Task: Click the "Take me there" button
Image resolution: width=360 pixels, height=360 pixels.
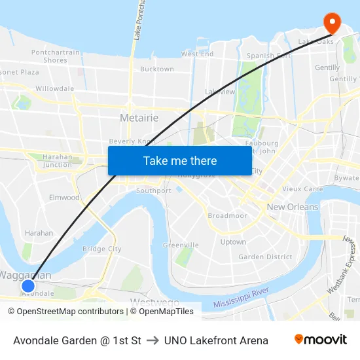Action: coord(179,160)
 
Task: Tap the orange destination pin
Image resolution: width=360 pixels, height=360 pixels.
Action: coord(333,23)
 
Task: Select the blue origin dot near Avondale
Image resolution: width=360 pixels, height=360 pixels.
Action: coord(27,285)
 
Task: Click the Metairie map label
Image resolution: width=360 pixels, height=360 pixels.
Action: coord(139,118)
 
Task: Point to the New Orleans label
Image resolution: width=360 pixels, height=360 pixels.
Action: coord(293,207)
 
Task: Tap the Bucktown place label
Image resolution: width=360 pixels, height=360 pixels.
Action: coord(157,69)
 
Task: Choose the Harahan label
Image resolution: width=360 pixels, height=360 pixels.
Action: coord(39,232)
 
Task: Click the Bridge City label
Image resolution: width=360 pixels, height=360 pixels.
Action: coord(101,249)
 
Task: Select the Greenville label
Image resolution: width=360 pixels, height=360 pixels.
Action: coord(181,245)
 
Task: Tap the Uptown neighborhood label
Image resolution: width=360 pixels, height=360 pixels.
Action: coord(233,242)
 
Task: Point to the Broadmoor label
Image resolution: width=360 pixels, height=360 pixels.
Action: coord(227,215)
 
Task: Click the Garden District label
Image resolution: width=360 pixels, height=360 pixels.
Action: coord(265,257)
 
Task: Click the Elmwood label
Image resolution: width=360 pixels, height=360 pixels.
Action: coord(64,197)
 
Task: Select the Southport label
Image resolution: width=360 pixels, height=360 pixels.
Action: coord(154,190)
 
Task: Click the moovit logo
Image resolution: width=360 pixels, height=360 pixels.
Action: coord(320,340)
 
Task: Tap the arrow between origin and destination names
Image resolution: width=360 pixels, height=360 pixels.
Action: coord(153,340)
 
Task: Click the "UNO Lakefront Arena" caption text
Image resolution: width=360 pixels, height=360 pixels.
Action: coord(216,340)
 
